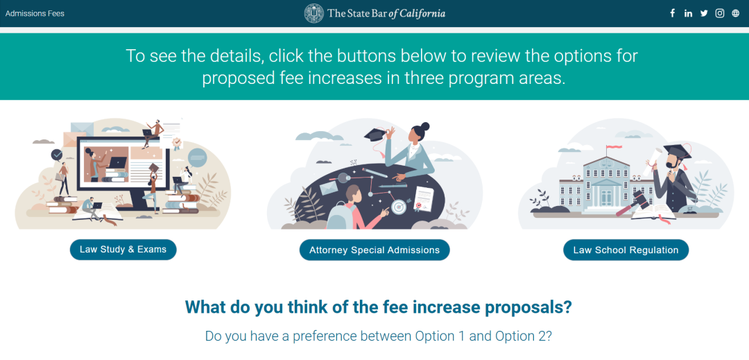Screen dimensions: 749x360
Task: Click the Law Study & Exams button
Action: (x=123, y=250)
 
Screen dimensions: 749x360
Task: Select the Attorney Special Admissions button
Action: (x=374, y=250)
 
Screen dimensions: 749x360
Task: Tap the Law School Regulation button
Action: (x=626, y=250)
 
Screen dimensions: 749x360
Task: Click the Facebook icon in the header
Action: (x=673, y=13)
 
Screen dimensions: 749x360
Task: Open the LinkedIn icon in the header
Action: (x=688, y=13)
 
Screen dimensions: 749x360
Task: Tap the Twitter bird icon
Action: (x=704, y=13)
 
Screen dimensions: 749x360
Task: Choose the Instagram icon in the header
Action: (x=720, y=13)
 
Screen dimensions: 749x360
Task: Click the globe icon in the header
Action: (x=736, y=13)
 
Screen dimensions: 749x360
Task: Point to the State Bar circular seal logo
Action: (x=314, y=13)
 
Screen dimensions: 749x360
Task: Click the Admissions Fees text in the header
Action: (x=35, y=13)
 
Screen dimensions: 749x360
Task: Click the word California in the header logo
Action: (x=422, y=13)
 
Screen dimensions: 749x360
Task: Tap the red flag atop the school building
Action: (x=614, y=147)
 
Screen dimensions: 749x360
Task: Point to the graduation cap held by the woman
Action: (x=376, y=135)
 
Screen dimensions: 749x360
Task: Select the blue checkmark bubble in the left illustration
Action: (x=58, y=155)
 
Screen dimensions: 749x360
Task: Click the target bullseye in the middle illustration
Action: (x=398, y=207)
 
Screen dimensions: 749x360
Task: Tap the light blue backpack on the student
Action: (x=338, y=215)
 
